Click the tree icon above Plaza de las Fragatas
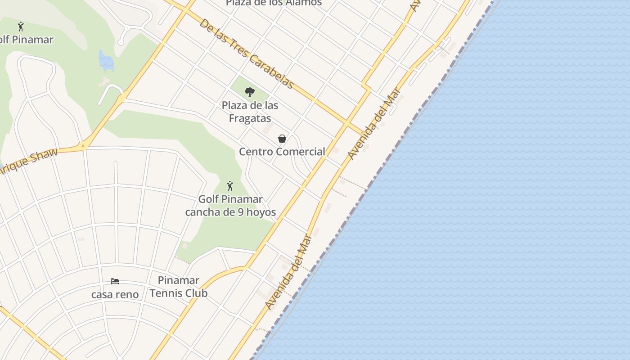[x=250, y=92]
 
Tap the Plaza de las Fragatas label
[x=250, y=112]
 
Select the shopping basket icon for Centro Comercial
[x=282, y=139]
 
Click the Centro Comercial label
[x=282, y=152]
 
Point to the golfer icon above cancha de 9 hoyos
[x=230, y=185]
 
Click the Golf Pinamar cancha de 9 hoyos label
[x=230, y=206]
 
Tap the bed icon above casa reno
[x=115, y=281]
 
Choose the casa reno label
[x=115, y=295]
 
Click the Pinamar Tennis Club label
[x=179, y=287]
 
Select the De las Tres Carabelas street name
[x=246, y=53]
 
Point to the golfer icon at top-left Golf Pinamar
[x=21, y=27]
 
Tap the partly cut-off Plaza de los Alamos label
[x=274, y=3]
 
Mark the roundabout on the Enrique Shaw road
[x=83, y=146]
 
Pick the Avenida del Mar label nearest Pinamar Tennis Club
[x=288, y=272]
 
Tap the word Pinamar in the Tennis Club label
[x=179, y=280]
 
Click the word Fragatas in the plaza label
[x=250, y=118]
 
